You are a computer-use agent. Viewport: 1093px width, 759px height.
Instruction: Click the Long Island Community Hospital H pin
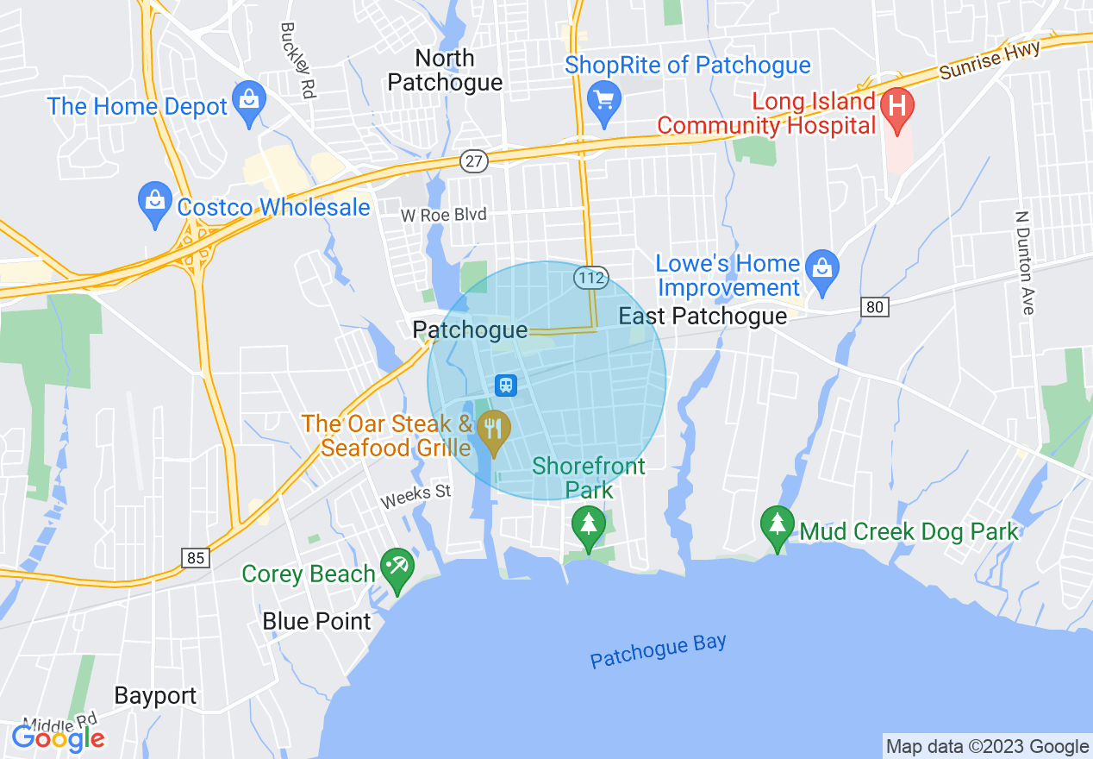click(896, 109)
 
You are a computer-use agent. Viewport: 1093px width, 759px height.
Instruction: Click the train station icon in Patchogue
click(506, 385)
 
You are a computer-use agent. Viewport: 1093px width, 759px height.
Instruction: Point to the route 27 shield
click(475, 160)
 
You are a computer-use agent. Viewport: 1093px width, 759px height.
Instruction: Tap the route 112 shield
click(591, 278)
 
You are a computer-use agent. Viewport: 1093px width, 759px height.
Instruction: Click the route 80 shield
click(874, 305)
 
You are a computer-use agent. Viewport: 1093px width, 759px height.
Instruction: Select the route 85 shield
click(196, 558)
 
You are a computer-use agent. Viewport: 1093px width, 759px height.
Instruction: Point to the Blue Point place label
click(316, 621)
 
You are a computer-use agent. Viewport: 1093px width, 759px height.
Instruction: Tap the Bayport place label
click(155, 696)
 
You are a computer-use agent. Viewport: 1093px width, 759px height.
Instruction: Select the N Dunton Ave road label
click(1023, 262)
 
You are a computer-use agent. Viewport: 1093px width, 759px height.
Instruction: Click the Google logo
click(58, 738)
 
